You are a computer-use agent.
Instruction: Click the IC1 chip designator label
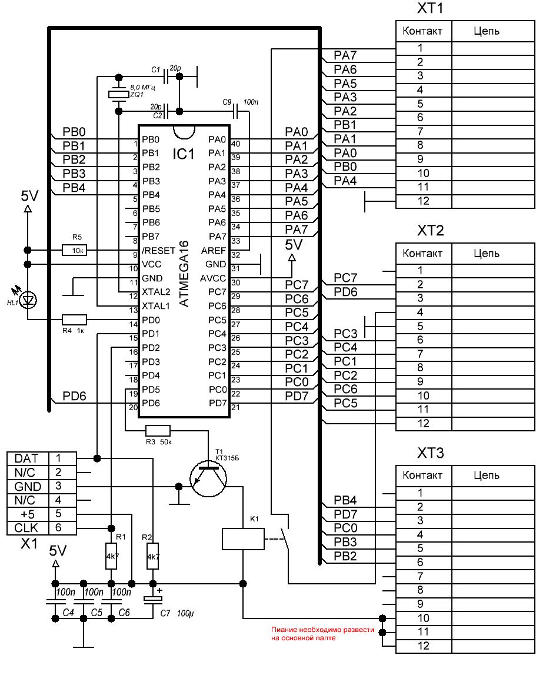click(183, 154)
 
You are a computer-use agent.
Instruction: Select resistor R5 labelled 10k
click(74, 250)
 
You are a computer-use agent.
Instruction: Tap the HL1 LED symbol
click(28, 300)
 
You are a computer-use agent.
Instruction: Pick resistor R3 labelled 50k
click(158, 431)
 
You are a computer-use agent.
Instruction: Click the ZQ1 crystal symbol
click(119, 94)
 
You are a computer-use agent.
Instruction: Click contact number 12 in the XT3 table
click(423, 646)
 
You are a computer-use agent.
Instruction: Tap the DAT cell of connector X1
click(27, 458)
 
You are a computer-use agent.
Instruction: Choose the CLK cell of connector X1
click(27, 528)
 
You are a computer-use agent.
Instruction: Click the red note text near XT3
click(322, 633)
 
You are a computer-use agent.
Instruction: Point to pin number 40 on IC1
click(236, 144)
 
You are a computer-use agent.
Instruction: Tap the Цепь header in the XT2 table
click(487, 254)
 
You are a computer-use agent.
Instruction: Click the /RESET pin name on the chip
click(159, 251)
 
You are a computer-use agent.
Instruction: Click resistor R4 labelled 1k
click(74, 320)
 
